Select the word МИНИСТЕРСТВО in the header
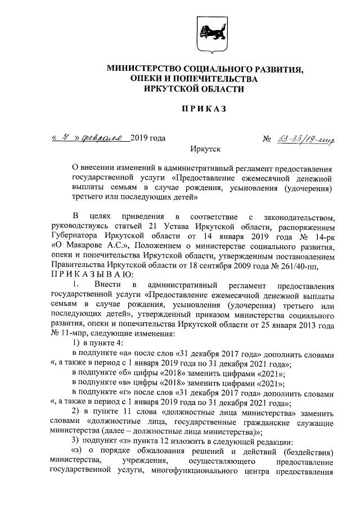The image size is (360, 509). (148, 69)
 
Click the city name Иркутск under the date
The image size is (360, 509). (205, 150)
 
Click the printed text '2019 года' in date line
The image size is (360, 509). (148, 139)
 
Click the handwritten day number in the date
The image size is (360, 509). (67, 138)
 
